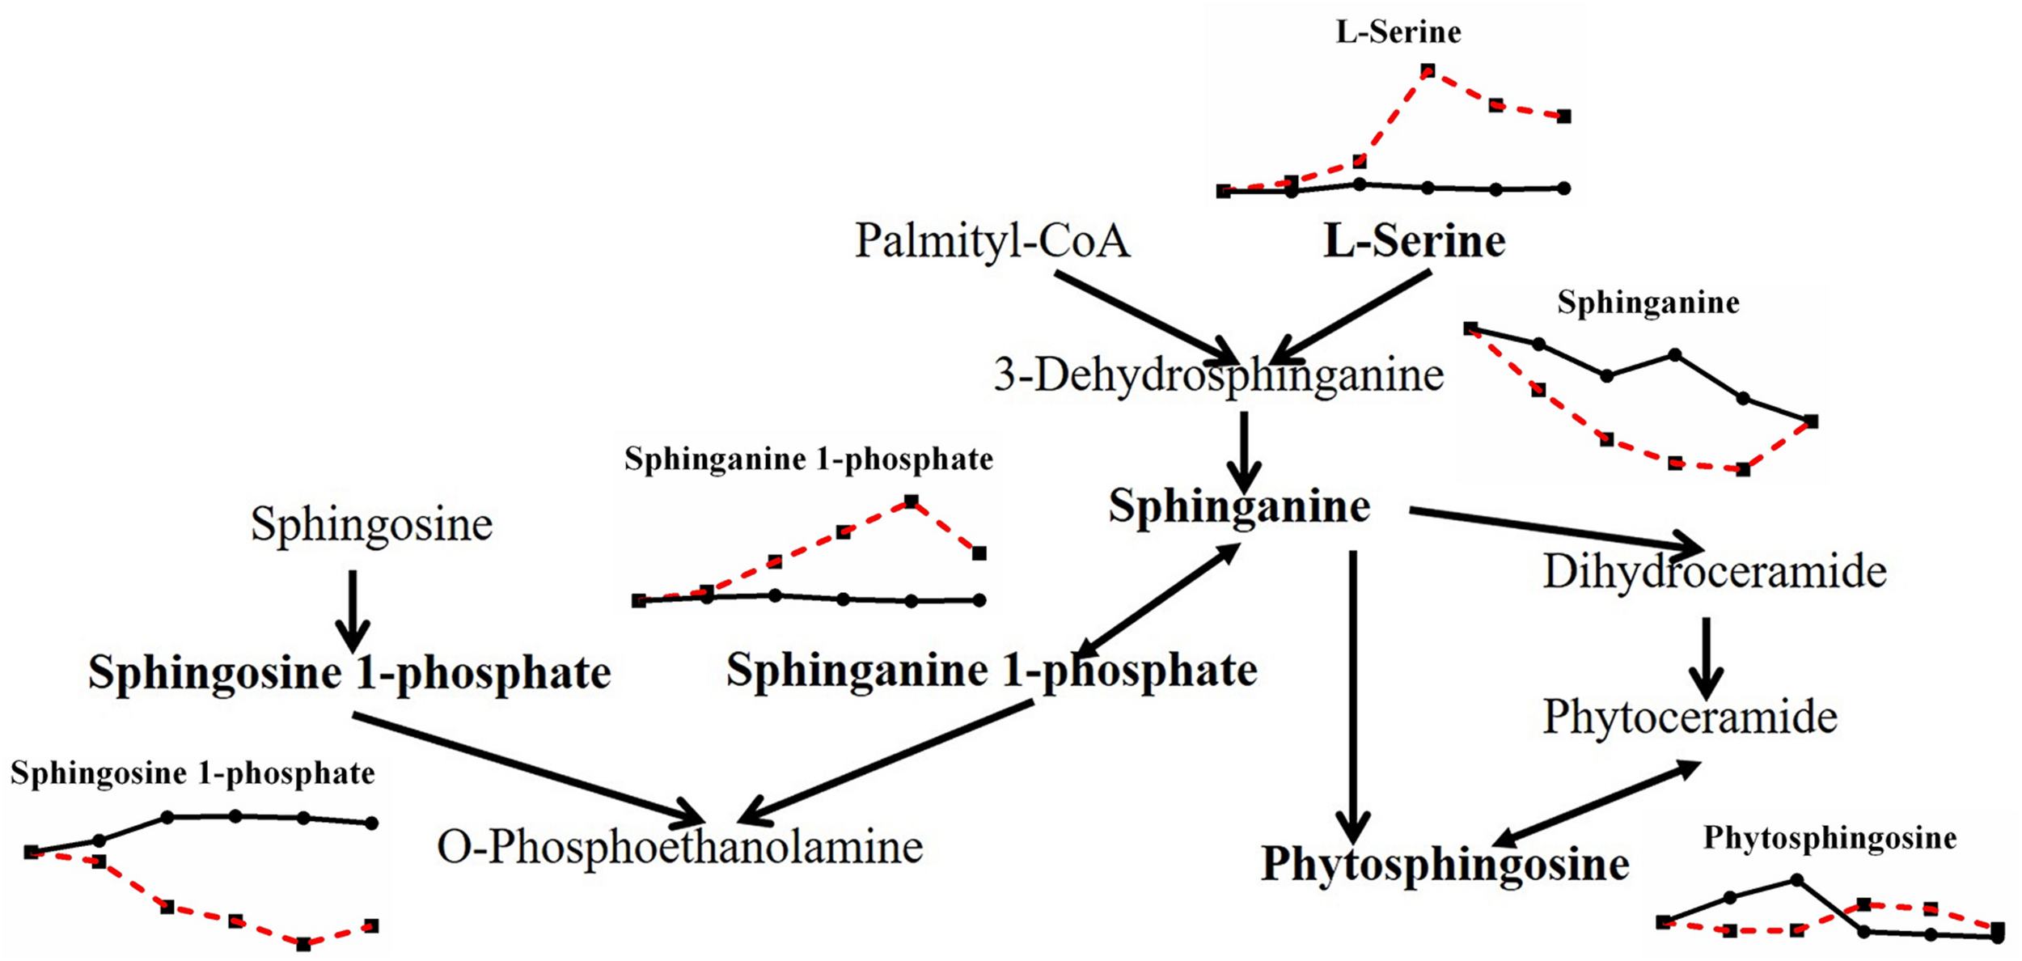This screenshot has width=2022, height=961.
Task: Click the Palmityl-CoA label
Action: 992,241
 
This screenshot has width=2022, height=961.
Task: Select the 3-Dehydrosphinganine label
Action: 1218,375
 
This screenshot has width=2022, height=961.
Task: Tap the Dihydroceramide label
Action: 1714,571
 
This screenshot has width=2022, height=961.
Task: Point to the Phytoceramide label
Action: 1690,717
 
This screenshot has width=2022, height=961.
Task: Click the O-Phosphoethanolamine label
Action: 679,847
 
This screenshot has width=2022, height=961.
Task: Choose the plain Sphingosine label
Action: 371,524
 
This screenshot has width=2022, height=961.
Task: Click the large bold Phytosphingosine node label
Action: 1445,864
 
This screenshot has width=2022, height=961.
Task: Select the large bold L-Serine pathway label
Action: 1414,241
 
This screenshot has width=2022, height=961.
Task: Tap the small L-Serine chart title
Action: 1398,32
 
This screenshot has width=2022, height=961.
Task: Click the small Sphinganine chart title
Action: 1648,303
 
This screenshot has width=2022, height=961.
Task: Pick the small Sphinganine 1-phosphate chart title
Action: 808,459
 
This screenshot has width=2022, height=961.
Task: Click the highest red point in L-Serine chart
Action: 1428,71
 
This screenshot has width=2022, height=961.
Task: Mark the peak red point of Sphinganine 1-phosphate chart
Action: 912,502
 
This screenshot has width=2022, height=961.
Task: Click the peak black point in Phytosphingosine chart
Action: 1796,879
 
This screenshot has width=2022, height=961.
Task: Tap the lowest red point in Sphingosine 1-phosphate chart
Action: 303,943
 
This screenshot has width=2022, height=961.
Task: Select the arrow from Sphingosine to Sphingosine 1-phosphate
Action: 353,611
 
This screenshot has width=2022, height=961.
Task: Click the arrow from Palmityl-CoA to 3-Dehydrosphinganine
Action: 1144,318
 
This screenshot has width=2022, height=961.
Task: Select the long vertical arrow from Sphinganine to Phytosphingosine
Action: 1353,696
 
